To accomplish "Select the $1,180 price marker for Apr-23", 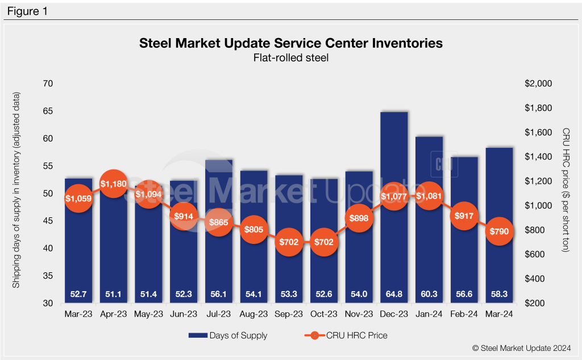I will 113,184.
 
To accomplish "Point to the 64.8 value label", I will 394,294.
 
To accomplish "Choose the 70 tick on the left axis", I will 48,84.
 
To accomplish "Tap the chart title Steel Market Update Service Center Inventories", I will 291,43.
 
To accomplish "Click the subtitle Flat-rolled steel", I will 291,57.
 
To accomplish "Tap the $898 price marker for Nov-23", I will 359,218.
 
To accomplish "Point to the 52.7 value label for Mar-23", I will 78,294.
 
